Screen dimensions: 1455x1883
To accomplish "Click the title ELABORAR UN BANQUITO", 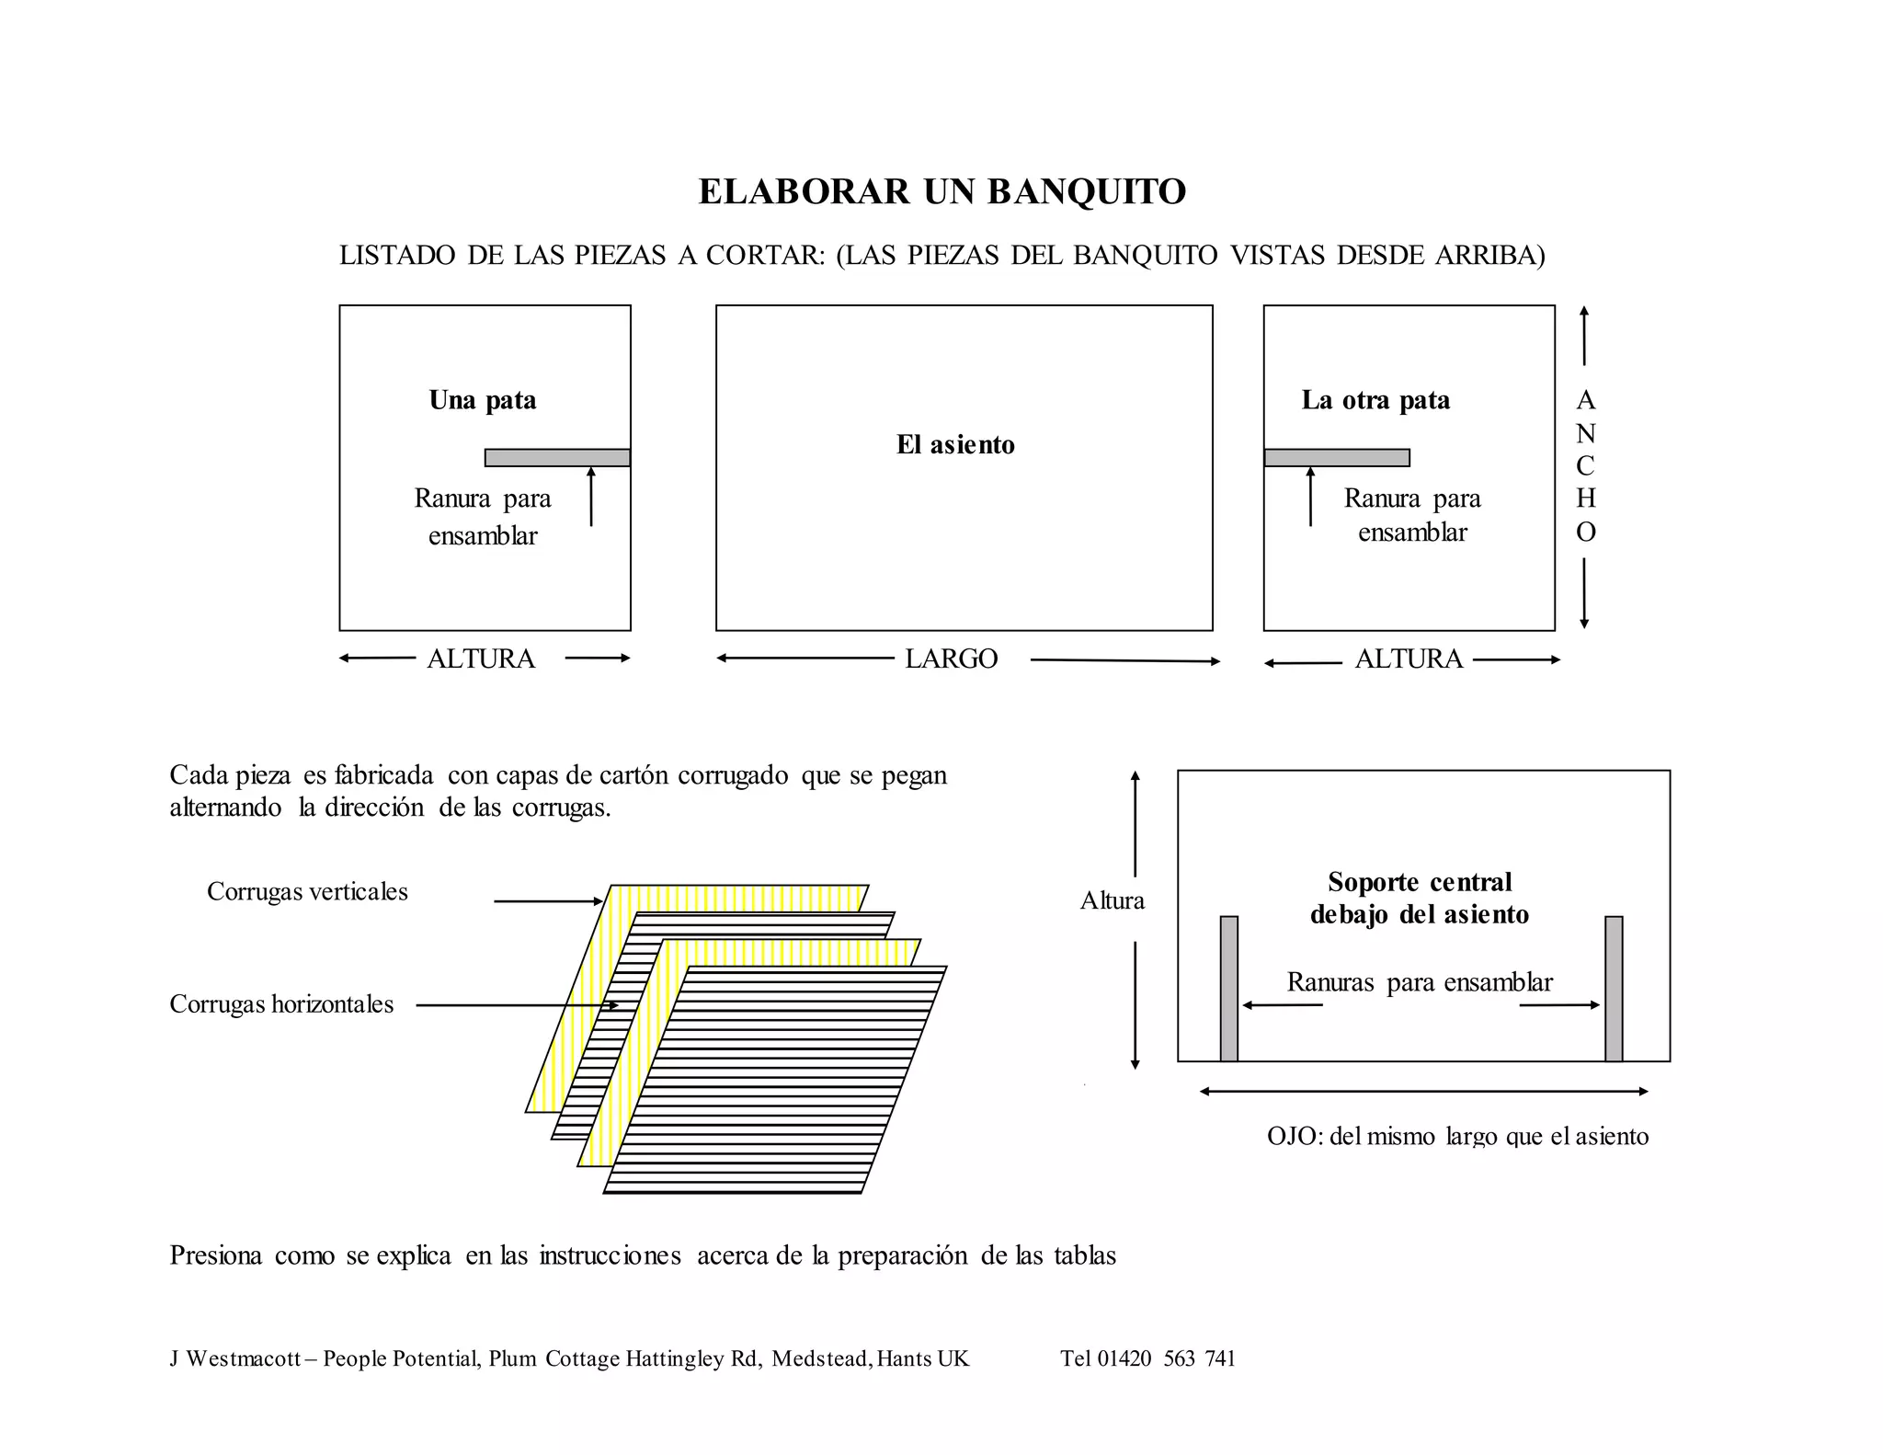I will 941,191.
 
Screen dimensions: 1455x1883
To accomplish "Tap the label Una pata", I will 483,400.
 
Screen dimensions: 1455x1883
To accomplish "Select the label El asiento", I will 955,445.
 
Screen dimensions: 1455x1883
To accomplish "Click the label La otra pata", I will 1375,400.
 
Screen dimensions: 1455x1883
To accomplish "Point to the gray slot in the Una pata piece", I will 557,458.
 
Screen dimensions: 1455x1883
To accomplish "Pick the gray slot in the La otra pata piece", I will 1336,458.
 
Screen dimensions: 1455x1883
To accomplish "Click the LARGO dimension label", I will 951,659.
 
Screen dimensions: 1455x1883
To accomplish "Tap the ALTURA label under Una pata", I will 481,659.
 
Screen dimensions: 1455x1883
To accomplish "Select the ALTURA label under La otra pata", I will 1409,659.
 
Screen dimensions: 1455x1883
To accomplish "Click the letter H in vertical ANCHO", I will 1585,498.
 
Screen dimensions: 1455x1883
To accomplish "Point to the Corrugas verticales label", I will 307,891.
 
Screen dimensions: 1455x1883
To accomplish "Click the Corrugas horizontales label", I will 281,1003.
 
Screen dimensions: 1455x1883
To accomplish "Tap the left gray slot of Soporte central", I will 1229,989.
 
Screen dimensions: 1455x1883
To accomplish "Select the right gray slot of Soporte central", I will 1614,989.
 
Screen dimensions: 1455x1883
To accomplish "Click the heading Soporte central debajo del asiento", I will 1420,898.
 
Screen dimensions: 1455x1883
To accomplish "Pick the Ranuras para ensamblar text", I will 1420,982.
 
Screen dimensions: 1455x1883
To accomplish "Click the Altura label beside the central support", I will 1113,900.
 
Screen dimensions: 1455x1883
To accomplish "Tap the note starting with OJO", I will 1457,1136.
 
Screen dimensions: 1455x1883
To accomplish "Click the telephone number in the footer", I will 1147,1358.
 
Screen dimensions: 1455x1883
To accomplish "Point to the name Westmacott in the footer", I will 244,1358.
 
